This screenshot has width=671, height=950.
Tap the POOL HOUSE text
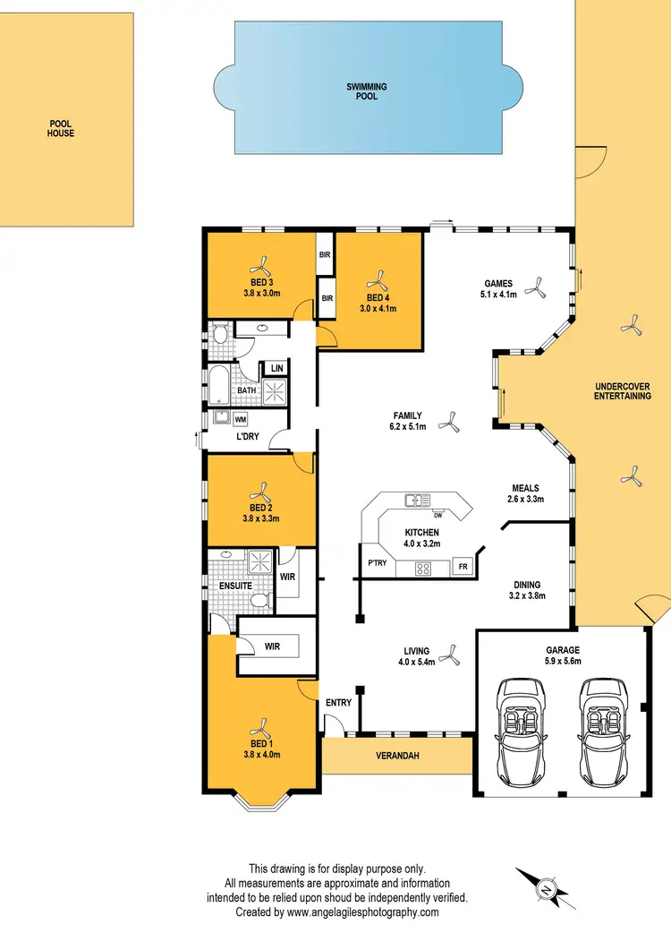pos(61,128)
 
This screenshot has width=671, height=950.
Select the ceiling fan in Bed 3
pos(262,265)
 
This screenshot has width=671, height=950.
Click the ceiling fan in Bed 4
pos(378,278)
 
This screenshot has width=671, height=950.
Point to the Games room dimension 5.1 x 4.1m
pos(498,295)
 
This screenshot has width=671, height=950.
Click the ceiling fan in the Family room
pos(452,423)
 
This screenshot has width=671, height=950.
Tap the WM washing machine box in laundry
pos(241,419)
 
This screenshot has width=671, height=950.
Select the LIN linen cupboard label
pos(276,368)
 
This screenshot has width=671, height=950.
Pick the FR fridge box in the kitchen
pos(463,568)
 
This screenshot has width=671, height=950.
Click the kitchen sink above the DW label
pos(417,501)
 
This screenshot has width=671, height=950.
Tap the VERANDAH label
pos(395,756)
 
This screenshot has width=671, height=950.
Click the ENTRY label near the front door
pos(338,703)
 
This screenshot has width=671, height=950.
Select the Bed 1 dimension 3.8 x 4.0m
pos(262,755)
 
